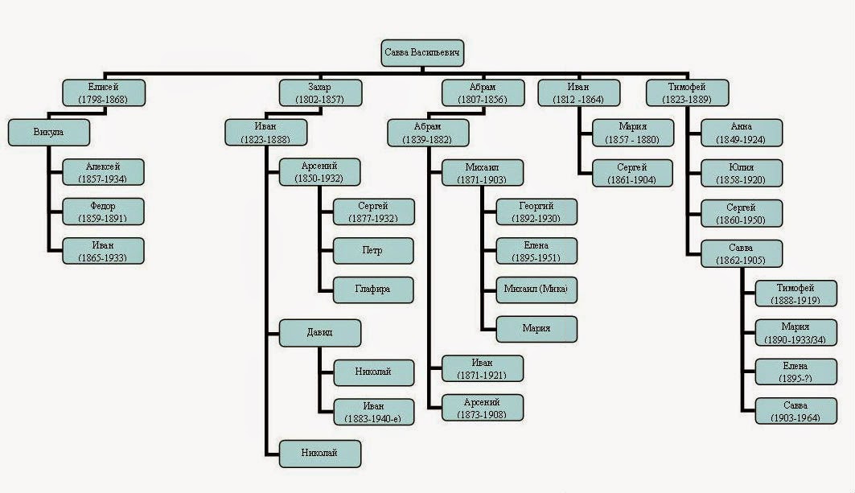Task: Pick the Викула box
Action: click(x=47, y=132)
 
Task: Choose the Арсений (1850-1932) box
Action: click(x=320, y=171)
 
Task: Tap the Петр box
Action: click(x=373, y=250)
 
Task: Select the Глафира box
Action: click(x=373, y=290)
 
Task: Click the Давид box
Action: click(x=320, y=332)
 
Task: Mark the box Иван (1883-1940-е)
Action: click(x=373, y=411)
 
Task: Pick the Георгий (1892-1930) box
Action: click(x=536, y=212)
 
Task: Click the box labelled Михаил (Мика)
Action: click(x=536, y=290)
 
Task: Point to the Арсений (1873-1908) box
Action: click(x=483, y=407)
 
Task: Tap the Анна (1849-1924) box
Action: click(x=741, y=132)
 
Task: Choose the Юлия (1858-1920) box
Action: click(x=741, y=172)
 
